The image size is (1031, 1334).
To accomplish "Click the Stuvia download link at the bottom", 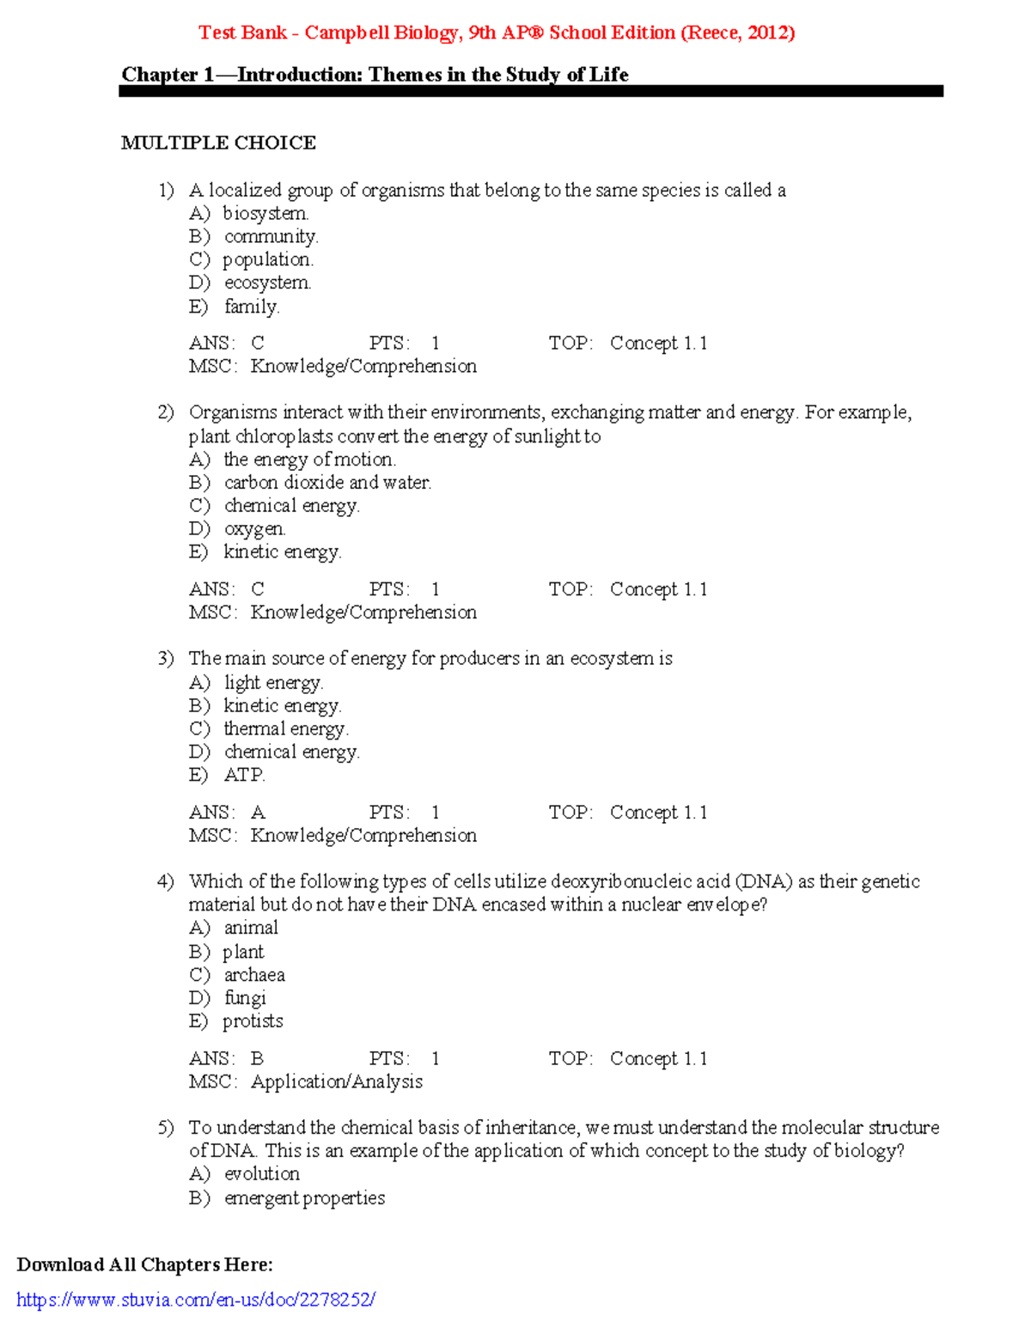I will pos(196,1300).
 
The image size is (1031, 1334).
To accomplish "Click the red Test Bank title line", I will pos(497,33).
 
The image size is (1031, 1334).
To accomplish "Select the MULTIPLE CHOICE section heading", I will pos(218,143).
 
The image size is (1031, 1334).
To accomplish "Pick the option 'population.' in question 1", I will pos(268,259).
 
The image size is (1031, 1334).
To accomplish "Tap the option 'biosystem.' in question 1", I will pos(265,213).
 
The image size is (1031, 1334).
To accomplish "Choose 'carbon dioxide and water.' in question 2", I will pos(327,483).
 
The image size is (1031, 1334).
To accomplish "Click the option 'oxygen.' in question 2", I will pos(254,529).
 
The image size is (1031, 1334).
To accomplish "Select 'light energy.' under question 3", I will pos(273,683).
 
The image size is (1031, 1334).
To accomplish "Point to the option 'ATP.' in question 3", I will pos(244,775).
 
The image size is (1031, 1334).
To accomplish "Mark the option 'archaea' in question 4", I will pos(254,975).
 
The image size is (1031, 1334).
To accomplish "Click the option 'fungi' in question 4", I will pos(245,998).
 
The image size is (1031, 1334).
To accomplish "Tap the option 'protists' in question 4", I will pos(253,1021).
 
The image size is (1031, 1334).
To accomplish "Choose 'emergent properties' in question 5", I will pos(304,1198).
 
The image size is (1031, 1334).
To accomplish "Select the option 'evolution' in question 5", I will pos(261,1174).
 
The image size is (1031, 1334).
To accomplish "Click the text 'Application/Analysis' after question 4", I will pos(337,1082).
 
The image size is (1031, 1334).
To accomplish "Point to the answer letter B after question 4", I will pos(257,1059).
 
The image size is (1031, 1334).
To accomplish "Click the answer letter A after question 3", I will pos(258,813).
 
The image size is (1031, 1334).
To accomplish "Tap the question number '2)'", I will pos(166,412).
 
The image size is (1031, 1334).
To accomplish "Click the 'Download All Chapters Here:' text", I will pos(144,1264).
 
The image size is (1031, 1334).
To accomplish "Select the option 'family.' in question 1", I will pos(252,307).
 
